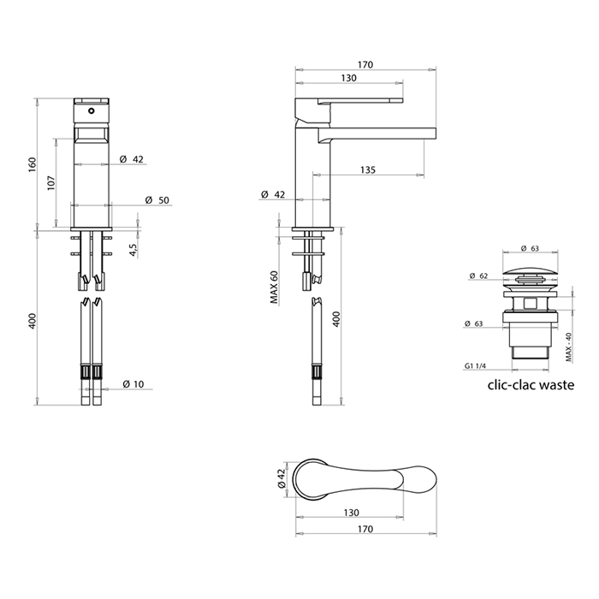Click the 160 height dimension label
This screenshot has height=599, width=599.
coord(33,164)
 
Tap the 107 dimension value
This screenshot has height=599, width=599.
coord(51,183)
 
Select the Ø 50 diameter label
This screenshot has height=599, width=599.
coord(157,200)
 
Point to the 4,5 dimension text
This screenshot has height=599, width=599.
coord(133,250)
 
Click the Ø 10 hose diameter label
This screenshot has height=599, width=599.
coord(133,384)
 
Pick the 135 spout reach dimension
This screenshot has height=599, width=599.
coord(367,169)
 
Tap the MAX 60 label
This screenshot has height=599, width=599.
coord(275,287)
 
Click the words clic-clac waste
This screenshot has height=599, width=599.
coord(531,385)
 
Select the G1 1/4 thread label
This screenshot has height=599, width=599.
coord(475,366)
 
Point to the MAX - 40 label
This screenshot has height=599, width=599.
coord(568,347)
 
